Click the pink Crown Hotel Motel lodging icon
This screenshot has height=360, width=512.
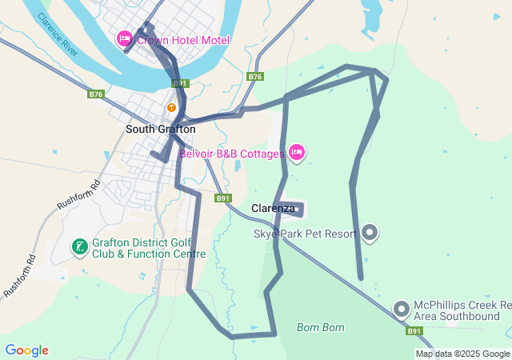125,38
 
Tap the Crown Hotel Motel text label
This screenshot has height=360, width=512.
182,40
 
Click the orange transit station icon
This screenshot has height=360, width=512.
171,107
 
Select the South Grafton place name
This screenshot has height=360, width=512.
160,129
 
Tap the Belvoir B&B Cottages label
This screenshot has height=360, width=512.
232,154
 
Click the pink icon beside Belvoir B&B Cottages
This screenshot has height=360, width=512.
297,152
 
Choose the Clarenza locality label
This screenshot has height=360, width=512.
274,208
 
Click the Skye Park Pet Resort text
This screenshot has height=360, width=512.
305,234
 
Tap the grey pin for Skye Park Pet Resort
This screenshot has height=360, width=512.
370,232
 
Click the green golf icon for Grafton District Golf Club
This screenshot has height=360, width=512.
80,246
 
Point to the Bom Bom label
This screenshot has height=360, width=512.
320,327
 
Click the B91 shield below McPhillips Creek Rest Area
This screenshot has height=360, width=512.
414,331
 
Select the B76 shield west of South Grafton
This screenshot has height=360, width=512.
96,94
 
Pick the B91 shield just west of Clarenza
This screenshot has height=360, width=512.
223,198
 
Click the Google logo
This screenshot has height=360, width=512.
26,350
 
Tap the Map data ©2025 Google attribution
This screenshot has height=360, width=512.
462,354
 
